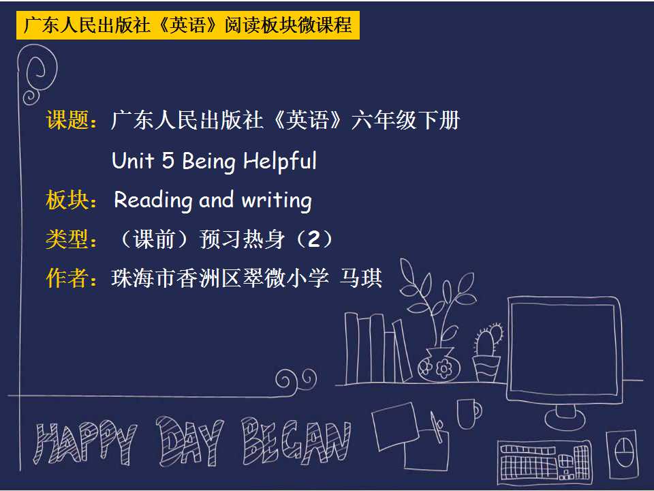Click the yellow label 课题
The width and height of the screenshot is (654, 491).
(x=67, y=120)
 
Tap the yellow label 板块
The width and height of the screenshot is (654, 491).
(x=67, y=200)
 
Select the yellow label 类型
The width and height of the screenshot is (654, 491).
(x=67, y=239)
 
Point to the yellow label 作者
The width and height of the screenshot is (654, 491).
(x=67, y=278)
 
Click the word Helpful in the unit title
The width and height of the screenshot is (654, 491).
(x=280, y=162)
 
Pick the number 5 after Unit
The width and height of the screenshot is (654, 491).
(x=168, y=161)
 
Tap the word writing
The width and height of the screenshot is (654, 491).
(x=277, y=200)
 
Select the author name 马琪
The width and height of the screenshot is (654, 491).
(x=361, y=278)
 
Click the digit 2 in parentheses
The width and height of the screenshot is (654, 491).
(x=313, y=239)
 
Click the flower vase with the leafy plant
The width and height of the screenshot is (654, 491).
(x=439, y=364)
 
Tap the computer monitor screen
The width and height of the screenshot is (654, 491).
(x=564, y=347)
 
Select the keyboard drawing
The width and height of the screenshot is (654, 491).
(x=544, y=459)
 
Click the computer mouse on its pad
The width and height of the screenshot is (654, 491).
(x=624, y=453)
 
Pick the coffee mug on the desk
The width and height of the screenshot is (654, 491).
(x=469, y=413)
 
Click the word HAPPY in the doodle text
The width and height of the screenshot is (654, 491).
(x=85, y=443)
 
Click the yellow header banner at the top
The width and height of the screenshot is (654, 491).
(x=188, y=25)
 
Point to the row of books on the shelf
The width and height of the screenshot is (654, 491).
(x=375, y=349)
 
